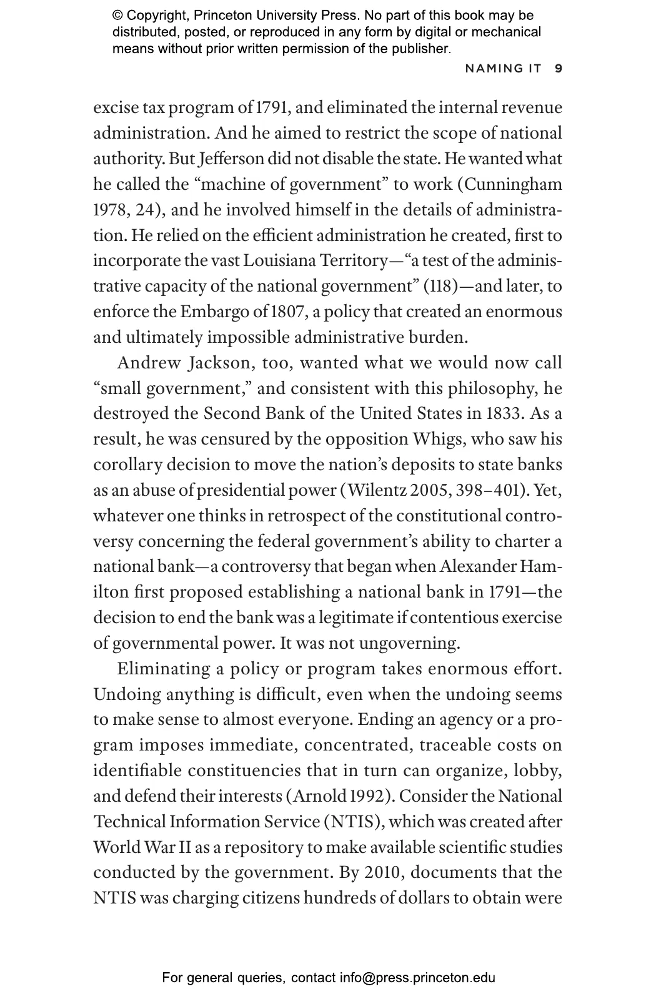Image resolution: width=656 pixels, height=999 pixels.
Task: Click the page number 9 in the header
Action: [559, 68]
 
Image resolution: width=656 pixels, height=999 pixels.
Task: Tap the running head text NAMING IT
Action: [503, 68]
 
